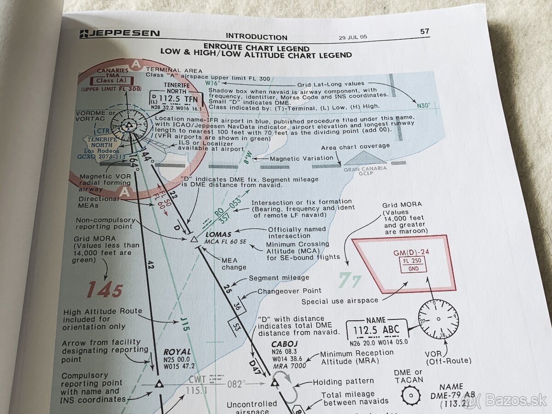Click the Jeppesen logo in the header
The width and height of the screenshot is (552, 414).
[120, 34]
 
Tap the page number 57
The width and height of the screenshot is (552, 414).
[424, 31]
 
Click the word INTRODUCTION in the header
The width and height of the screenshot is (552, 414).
[256, 37]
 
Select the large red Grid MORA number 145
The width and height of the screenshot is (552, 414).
[104, 290]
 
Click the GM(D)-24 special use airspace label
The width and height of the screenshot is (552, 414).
[411, 253]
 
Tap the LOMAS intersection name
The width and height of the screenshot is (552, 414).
[218, 235]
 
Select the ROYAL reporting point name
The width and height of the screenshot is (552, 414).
[177, 352]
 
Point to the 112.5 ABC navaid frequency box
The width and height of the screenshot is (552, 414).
[376, 329]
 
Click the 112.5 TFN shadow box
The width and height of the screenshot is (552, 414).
[177, 98]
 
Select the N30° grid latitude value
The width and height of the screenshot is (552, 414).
[424, 105]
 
